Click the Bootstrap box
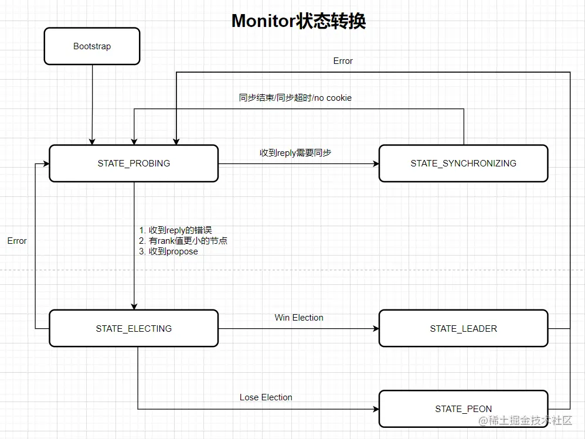92,46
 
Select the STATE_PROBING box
134,164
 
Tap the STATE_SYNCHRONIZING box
463,164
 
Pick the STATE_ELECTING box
134,329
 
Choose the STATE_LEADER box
463,329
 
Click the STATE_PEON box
463,409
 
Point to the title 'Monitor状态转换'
298,21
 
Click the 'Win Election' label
299,318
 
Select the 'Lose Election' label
266,397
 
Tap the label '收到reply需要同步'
295,152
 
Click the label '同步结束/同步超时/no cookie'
295,98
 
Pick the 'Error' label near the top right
343,61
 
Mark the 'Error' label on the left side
17,241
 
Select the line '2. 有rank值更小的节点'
182,241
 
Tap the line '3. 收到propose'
168,251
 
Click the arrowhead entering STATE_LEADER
375,329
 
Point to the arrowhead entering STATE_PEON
375,409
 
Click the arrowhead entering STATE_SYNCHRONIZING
375,164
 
